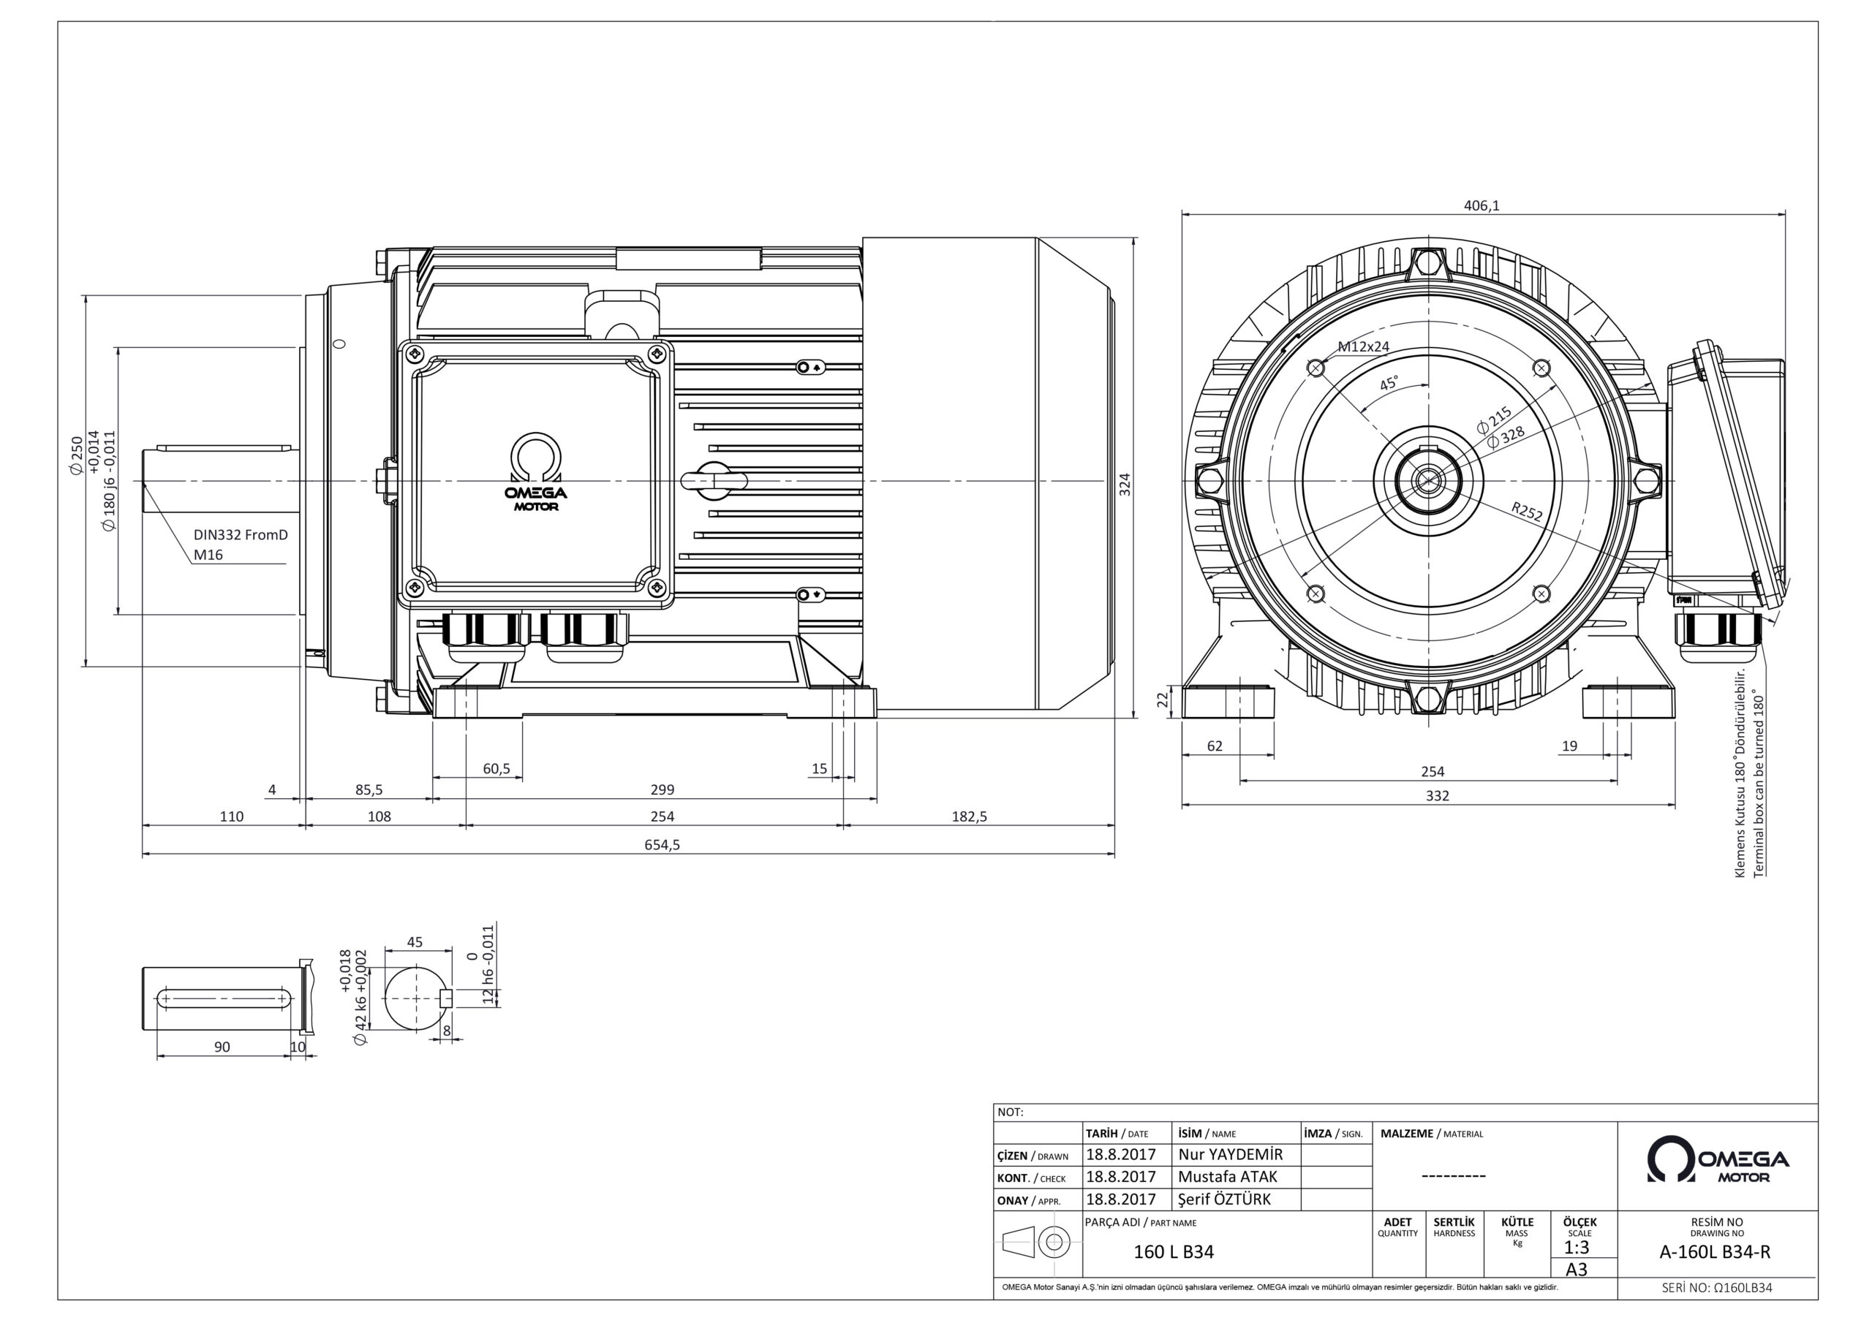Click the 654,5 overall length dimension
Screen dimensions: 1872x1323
pyautogui.click(x=662, y=844)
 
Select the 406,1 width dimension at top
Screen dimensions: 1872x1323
pyautogui.click(x=1482, y=206)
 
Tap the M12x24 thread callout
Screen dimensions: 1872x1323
pyautogui.click(x=1363, y=346)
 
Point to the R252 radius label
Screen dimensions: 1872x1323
pyautogui.click(x=1526, y=512)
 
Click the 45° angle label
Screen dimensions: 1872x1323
pyautogui.click(x=1389, y=383)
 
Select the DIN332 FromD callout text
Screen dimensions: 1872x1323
pyautogui.click(x=241, y=535)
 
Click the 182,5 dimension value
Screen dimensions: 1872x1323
pyautogui.click(x=969, y=816)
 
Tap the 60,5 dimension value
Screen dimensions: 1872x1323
pyautogui.click(x=496, y=769)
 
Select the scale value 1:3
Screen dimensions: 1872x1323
pyautogui.click(x=1576, y=1248)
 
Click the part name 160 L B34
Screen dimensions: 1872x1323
pyautogui.click(x=1173, y=1252)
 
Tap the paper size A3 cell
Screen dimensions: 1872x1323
pyautogui.click(x=1576, y=1269)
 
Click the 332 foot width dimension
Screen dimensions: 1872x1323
pyautogui.click(x=1437, y=795)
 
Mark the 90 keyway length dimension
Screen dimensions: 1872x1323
pyautogui.click(x=222, y=1047)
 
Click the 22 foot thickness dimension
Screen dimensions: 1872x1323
pyautogui.click(x=1163, y=700)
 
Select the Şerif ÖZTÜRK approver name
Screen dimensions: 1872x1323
pyautogui.click(x=1224, y=1199)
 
